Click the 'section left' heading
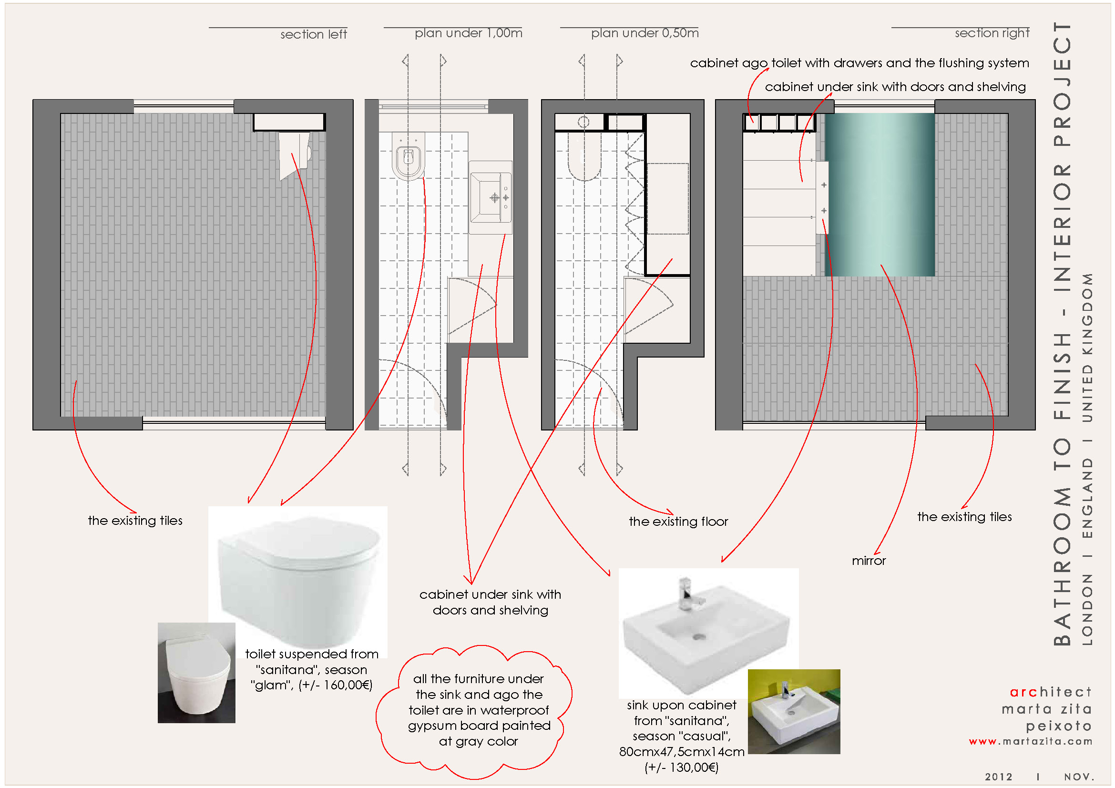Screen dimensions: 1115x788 (313, 34)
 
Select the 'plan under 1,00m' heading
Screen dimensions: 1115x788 (468, 33)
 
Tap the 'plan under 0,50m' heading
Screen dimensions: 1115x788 (644, 33)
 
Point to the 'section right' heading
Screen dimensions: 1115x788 (992, 33)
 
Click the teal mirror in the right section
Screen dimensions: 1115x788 (880, 194)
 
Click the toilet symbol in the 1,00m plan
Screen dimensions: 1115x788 (408, 156)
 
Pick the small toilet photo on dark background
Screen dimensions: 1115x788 (196, 673)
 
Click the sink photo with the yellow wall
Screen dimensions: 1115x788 (794, 711)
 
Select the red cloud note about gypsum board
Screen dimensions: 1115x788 (478, 710)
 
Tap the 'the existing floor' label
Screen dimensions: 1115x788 (678, 522)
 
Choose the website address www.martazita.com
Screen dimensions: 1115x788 (1030, 741)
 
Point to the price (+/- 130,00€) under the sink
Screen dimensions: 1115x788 (681, 767)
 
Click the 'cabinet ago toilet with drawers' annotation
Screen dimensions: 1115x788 (859, 63)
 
